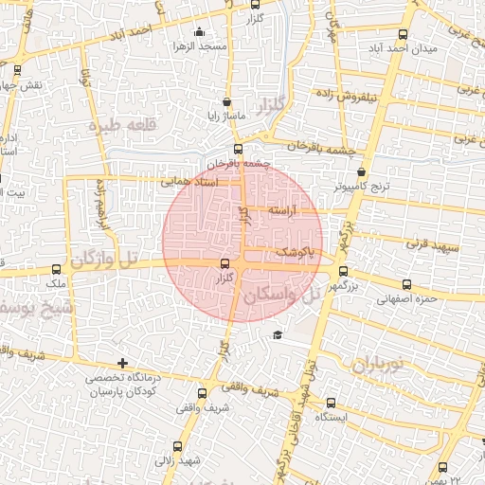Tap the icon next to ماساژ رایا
[225, 102]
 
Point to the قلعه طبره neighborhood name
[120, 125]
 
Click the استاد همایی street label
[189, 180]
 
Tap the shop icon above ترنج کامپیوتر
[362, 172]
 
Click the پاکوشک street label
[293, 252]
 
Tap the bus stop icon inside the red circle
[225, 264]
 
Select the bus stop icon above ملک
[57, 269]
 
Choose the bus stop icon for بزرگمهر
[343, 270]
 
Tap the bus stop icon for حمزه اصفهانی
[407, 284]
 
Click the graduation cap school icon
[278, 334]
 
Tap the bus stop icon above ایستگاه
[331, 403]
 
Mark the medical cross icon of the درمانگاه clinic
[122, 363]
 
